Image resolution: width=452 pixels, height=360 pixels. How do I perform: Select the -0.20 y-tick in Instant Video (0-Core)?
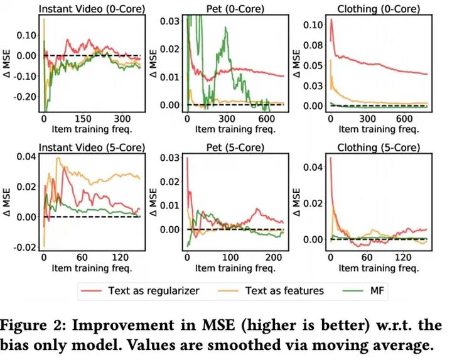click(x=26, y=97)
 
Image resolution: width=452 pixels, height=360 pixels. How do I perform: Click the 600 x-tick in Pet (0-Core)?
click(x=266, y=118)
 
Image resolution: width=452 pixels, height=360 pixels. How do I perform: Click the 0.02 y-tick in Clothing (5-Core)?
click(x=315, y=202)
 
